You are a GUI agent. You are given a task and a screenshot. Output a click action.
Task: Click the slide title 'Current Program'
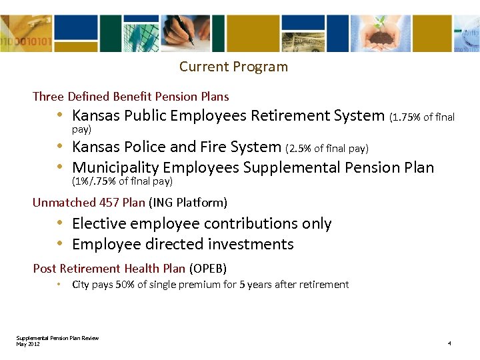(233, 67)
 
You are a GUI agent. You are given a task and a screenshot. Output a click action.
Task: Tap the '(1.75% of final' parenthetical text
(421, 117)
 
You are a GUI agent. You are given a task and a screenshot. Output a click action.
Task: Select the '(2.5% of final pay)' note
(327, 148)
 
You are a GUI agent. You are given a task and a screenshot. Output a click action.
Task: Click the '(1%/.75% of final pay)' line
(122, 181)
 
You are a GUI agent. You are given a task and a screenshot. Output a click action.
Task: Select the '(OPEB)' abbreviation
(208, 269)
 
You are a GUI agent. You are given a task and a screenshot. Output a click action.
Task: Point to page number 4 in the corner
(449, 343)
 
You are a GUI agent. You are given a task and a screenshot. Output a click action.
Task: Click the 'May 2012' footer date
(28, 343)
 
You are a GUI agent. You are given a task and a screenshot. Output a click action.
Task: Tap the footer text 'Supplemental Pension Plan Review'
(57, 338)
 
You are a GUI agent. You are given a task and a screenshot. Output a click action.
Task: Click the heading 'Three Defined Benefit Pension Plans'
(131, 97)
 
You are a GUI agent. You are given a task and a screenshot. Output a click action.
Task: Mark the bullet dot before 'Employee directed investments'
(60, 244)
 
